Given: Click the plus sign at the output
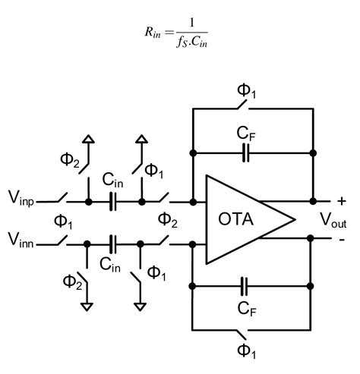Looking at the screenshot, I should pyautogui.click(x=341, y=201).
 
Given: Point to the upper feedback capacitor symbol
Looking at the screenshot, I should pyautogui.click(x=245, y=154).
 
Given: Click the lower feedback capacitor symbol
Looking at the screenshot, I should pyautogui.click(x=245, y=287).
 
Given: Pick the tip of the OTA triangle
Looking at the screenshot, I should pyautogui.click(x=295, y=222).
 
